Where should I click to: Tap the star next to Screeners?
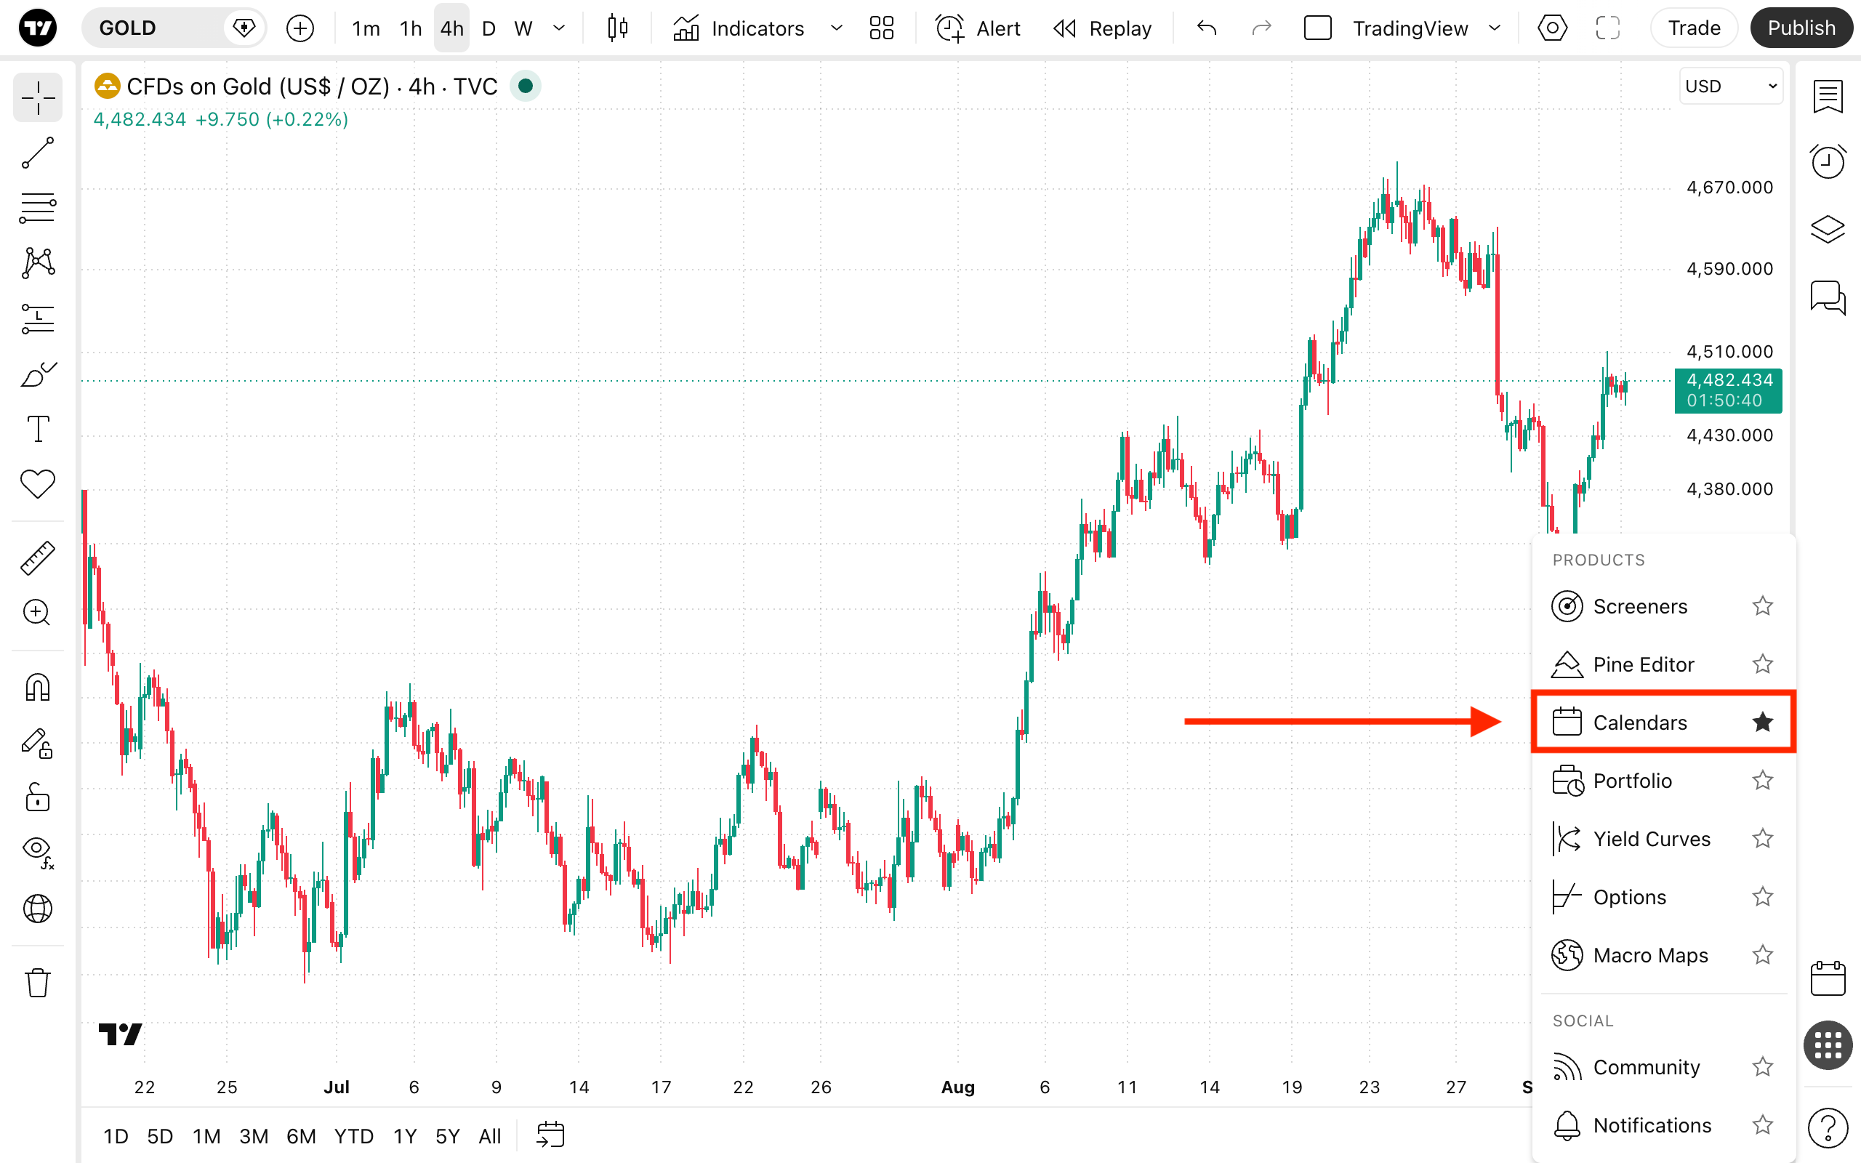pyautogui.click(x=1763, y=606)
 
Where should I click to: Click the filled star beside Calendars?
pyautogui.click(x=1763, y=723)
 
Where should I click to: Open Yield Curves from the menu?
pyautogui.click(x=1651, y=838)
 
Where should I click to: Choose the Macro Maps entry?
pyautogui.click(x=1650, y=954)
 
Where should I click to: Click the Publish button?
pyautogui.click(x=1801, y=28)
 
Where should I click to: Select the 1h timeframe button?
pyautogui.click(x=411, y=28)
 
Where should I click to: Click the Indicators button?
pyautogui.click(x=739, y=28)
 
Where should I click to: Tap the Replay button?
pyautogui.click(x=1102, y=28)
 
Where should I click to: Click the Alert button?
pyautogui.click(x=978, y=28)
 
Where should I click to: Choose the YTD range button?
pyautogui.click(x=354, y=1135)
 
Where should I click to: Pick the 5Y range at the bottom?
pyautogui.click(x=448, y=1135)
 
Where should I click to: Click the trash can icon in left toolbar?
pyautogui.click(x=38, y=982)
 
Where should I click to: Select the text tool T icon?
pyautogui.click(x=38, y=428)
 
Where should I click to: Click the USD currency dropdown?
pyautogui.click(x=1730, y=86)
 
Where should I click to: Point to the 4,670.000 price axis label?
pyautogui.click(x=1729, y=187)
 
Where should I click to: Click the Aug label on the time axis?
pyautogui.click(x=957, y=1087)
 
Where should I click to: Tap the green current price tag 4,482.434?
pyautogui.click(x=1728, y=390)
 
